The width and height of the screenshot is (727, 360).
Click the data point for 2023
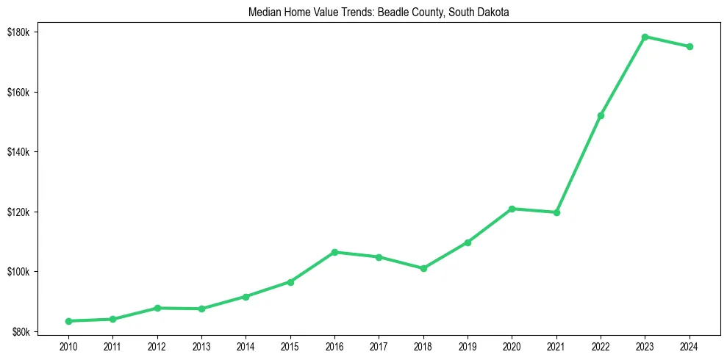645,37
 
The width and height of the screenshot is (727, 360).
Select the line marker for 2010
68,321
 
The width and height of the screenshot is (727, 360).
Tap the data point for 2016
334,252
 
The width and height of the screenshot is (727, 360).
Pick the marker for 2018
423,268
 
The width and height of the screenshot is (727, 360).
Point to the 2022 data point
601,115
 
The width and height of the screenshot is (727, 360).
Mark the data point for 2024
690,46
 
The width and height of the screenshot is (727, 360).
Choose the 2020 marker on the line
512,209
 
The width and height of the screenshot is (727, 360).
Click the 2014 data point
246,296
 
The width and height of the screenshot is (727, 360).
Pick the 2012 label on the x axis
157,345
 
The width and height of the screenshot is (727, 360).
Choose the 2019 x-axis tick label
468,345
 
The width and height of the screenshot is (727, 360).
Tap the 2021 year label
556,345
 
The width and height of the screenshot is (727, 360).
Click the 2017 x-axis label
379,345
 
